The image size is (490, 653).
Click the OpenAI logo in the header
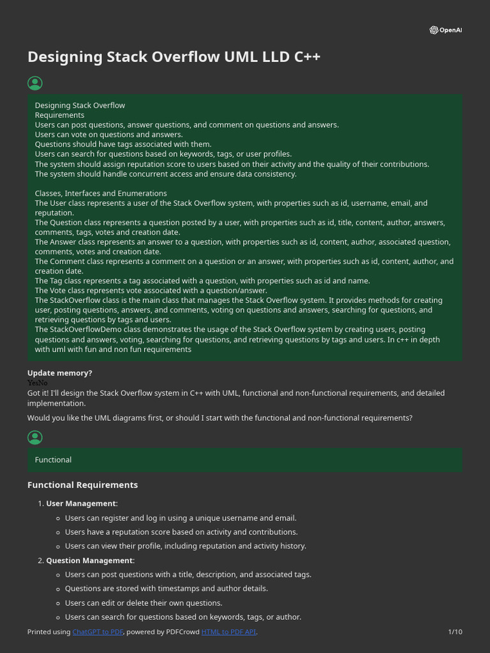coord(445,30)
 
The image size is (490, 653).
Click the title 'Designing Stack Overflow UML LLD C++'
coord(174,57)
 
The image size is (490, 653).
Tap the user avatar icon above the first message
coord(35,83)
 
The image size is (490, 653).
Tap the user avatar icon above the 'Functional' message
coord(35,437)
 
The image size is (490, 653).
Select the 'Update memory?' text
coord(59,373)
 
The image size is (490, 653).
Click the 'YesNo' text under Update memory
coord(37,383)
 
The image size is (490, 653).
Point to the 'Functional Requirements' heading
coord(82,485)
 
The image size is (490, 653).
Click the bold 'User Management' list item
coord(82,504)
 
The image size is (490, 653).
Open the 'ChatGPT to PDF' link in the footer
coord(98,632)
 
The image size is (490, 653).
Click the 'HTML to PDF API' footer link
coord(228,632)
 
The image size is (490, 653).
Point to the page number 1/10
coord(455,632)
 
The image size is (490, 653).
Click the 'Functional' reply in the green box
coord(53,460)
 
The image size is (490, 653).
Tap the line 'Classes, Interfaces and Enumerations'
coord(101,193)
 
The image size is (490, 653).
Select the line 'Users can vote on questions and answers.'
coord(108,135)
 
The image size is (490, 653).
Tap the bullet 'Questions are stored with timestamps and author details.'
coord(167,589)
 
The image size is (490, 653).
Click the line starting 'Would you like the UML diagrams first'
coord(219,418)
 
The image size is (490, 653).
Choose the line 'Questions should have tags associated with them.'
coord(123,144)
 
